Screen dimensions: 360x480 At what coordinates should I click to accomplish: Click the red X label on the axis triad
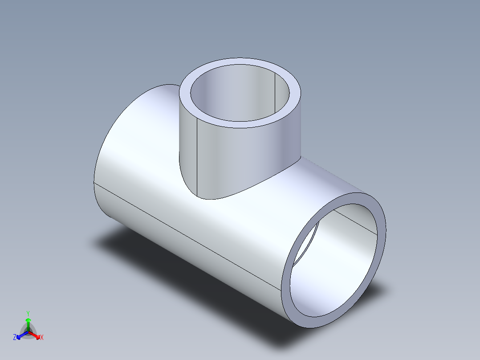[x=42, y=338]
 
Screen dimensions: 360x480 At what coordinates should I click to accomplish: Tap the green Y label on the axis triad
[x=28, y=313]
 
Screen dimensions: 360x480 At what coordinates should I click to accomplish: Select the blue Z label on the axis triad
[x=15, y=338]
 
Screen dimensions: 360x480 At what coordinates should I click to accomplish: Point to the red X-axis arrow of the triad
[x=36, y=335]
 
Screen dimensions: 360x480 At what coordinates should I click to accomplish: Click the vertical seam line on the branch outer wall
[x=197, y=160]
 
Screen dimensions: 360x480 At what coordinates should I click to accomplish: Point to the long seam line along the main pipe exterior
[x=187, y=237]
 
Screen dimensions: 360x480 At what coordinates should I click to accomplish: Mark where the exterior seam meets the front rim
[x=281, y=290]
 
